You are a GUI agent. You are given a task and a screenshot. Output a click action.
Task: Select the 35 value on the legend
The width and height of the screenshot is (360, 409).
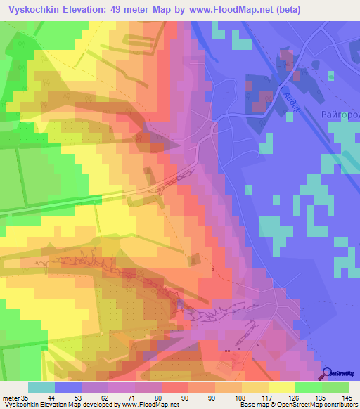pyautogui.click(x=25, y=398)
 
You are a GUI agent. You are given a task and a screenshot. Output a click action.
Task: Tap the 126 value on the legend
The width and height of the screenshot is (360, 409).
pyautogui.click(x=288, y=398)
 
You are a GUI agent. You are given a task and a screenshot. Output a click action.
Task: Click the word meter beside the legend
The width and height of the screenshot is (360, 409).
pyautogui.click(x=11, y=398)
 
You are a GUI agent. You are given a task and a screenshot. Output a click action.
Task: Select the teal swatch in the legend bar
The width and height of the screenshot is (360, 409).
pyautogui.click(x=41, y=387)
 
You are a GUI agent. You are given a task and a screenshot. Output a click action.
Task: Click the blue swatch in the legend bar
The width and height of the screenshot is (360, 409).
pyautogui.click(x=68, y=387)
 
